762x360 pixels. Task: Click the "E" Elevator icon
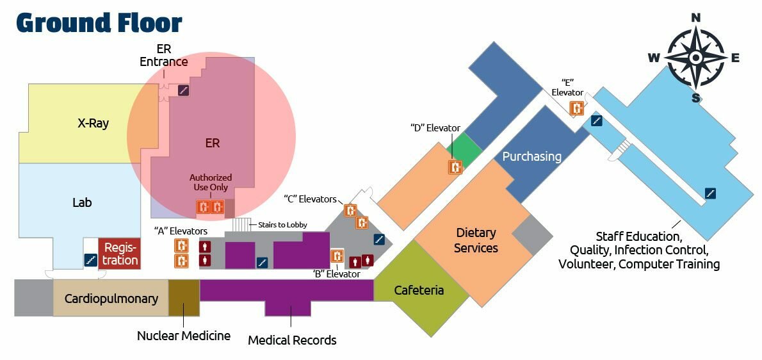(x=577, y=108)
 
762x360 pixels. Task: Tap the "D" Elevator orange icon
(x=455, y=167)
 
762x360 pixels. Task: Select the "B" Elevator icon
(x=337, y=256)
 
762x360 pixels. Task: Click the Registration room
(x=120, y=253)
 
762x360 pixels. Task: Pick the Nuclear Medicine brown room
(x=184, y=299)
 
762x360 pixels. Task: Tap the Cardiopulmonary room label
(x=111, y=299)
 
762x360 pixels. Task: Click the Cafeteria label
(x=419, y=290)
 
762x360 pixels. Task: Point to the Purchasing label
(x=531, y=156)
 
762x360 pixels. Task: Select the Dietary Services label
(x=476, y=240)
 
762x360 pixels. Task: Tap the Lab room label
(x=82, y=202)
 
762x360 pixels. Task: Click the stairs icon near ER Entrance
(x=184, y=90)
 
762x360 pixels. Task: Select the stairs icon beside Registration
(x=91, y=260)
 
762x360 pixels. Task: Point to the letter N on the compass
(x=696, y=17)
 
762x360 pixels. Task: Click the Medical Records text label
(x=292, y=340)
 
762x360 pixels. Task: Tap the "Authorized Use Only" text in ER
(x=211, y=183)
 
